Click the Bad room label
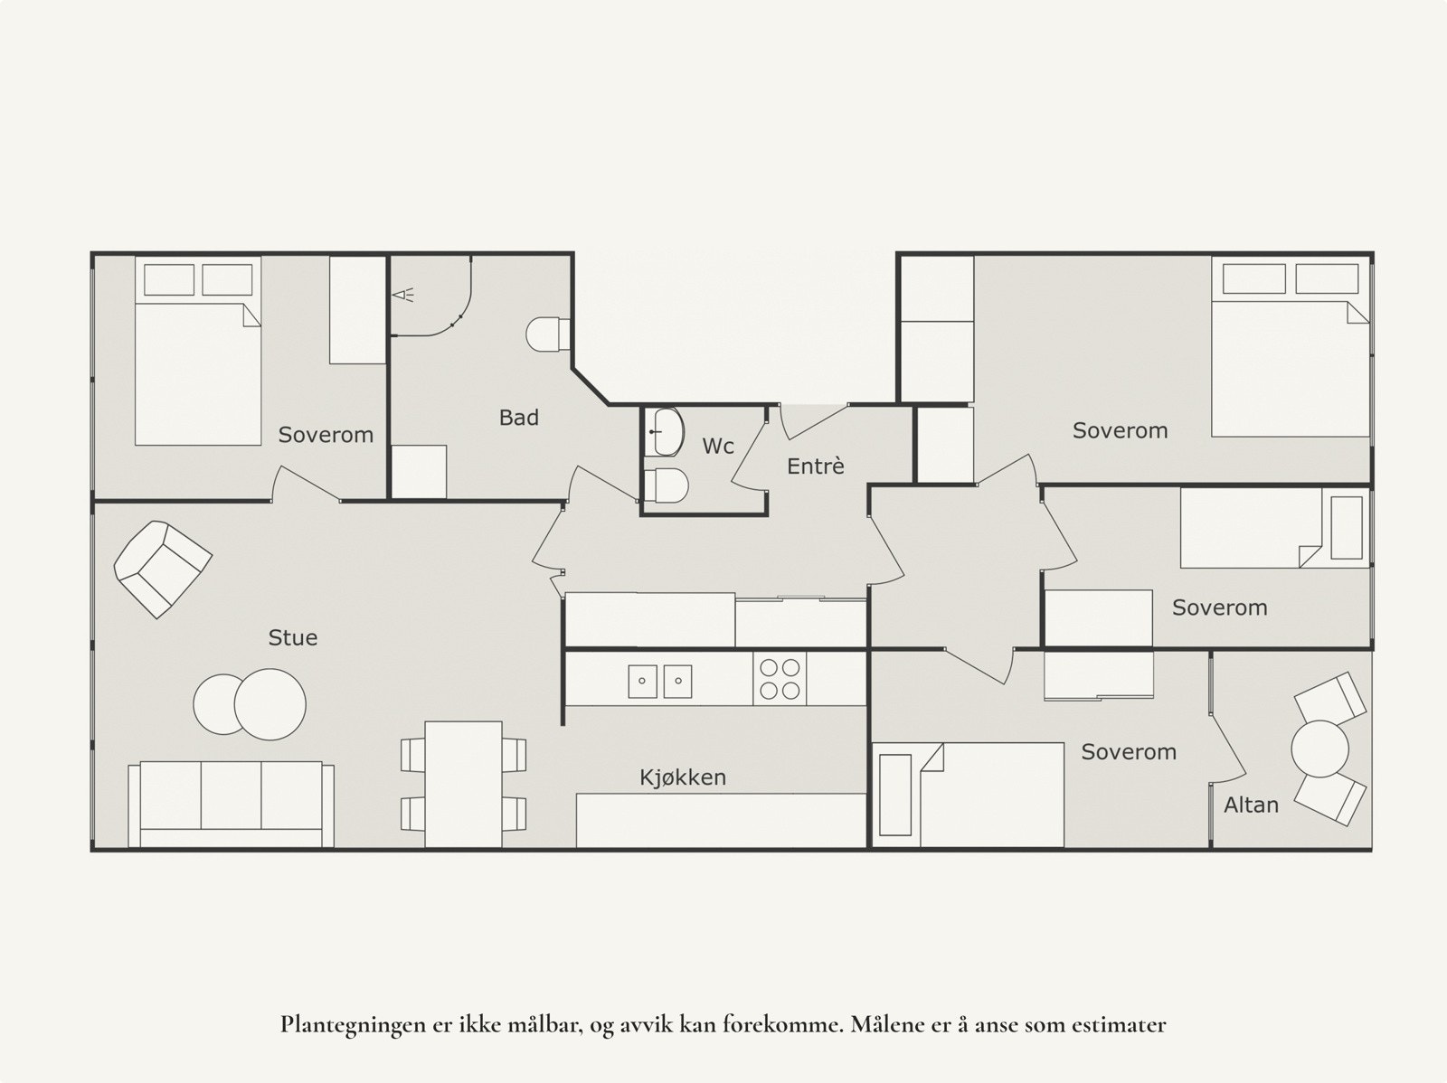click(519, 418)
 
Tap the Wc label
click(718, 446)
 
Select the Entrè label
click(816, 466)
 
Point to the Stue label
click(293, 637)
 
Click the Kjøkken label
click(683, 777)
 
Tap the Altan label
click(1252, 805)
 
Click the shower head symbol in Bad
click(403, 295)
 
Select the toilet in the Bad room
click(548, 334)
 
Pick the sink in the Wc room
click(665, 432)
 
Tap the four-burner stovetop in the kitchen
click(780, 679)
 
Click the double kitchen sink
click(660, 681)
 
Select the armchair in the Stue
click(163, 570)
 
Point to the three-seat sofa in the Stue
click(232, 805)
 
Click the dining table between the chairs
click(463, 784)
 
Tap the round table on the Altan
click(1319, 749)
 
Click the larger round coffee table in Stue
click(270, 704)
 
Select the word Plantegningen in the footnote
click(352, 1025)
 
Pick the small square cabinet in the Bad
click(420, 472)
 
